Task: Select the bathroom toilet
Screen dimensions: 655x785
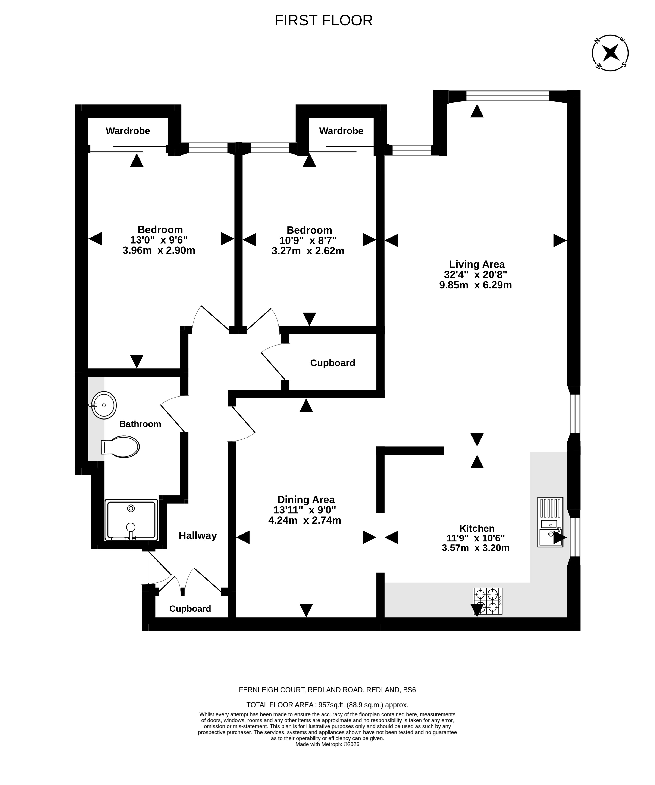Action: (x=120, y=447)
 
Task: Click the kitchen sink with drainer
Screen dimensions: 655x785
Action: (x=550, y=522)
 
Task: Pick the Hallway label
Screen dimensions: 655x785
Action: (x=198, y=536)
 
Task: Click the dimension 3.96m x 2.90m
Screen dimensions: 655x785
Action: (x=159, y=250)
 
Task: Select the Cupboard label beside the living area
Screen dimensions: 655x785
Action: (x=332, y=363)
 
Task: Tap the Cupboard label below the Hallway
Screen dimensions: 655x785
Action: (x=190, y=609)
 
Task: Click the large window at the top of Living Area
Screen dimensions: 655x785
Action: (x=508, y=96)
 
